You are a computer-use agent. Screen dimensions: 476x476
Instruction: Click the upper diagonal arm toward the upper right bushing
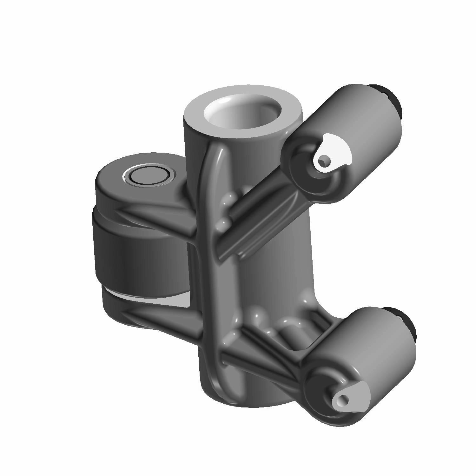coord(254,222)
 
